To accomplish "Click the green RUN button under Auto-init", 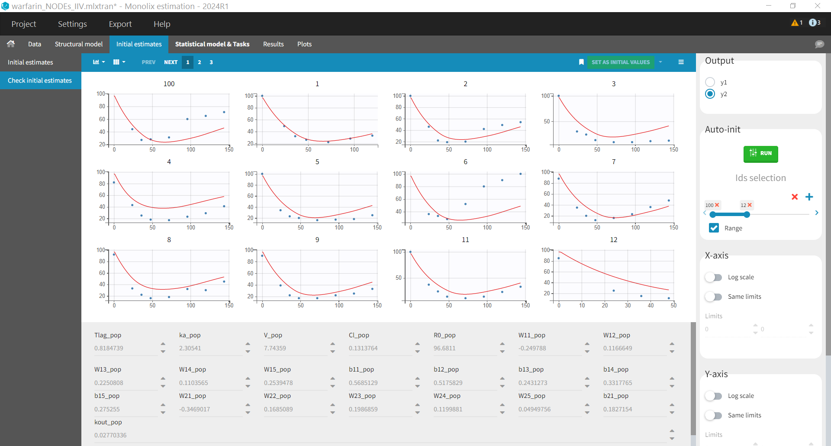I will coord(760,154).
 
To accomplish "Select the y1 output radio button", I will coord(710,82).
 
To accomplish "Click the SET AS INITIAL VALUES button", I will coord(620,62).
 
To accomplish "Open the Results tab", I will coord(273,44).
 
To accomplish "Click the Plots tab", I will coord(304,44).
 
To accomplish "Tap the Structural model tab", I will coord(78,44).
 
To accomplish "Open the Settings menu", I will coord(72,24).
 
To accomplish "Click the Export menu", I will coord(120,24).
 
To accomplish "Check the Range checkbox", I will coord(714,228).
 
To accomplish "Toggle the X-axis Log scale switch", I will coord(713,277).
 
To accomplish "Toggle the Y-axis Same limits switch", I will coord(713,415).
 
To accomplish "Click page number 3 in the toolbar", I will coord(211,62).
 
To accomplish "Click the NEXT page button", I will coord(171,62).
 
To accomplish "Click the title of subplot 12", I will coord(613,240).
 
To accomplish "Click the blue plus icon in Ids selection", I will coord(809,197).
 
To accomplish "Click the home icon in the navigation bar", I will coord(11,44).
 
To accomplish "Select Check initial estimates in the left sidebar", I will coord(40,81).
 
